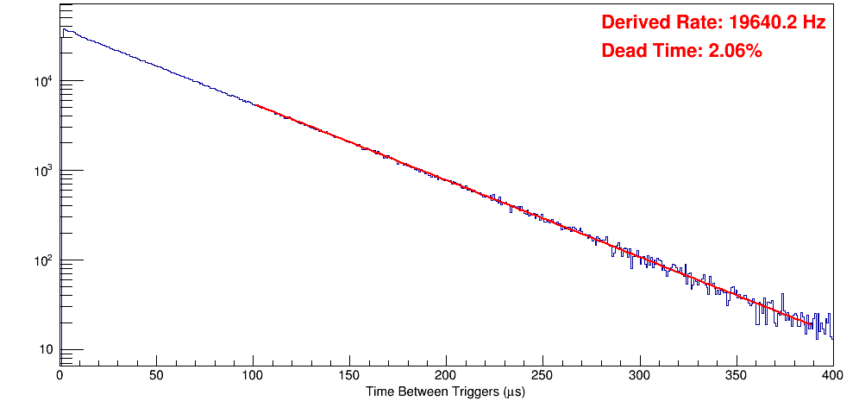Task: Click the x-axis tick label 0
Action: click(x=60, y=375)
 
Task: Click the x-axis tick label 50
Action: click(x=156, y=375)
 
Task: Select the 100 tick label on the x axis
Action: click(x=253, y=375)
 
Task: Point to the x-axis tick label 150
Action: click(x=349, y=375)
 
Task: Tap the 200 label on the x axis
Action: click(x=446, y=375)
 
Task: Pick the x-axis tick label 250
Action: click(x=542, y=375)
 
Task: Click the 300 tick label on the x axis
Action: click(x=639, y=375)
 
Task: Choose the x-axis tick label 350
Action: click(x=736, y=375)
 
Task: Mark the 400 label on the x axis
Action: click(x=832, y=375)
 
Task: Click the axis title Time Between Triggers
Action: click(x=445, y=391)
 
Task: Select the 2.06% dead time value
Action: click(x=735, y=52)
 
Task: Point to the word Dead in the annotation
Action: click(x=623, y=52)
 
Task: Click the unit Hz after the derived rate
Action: click(x=813, y=23)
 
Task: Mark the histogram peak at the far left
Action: click(x=64, y=29)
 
